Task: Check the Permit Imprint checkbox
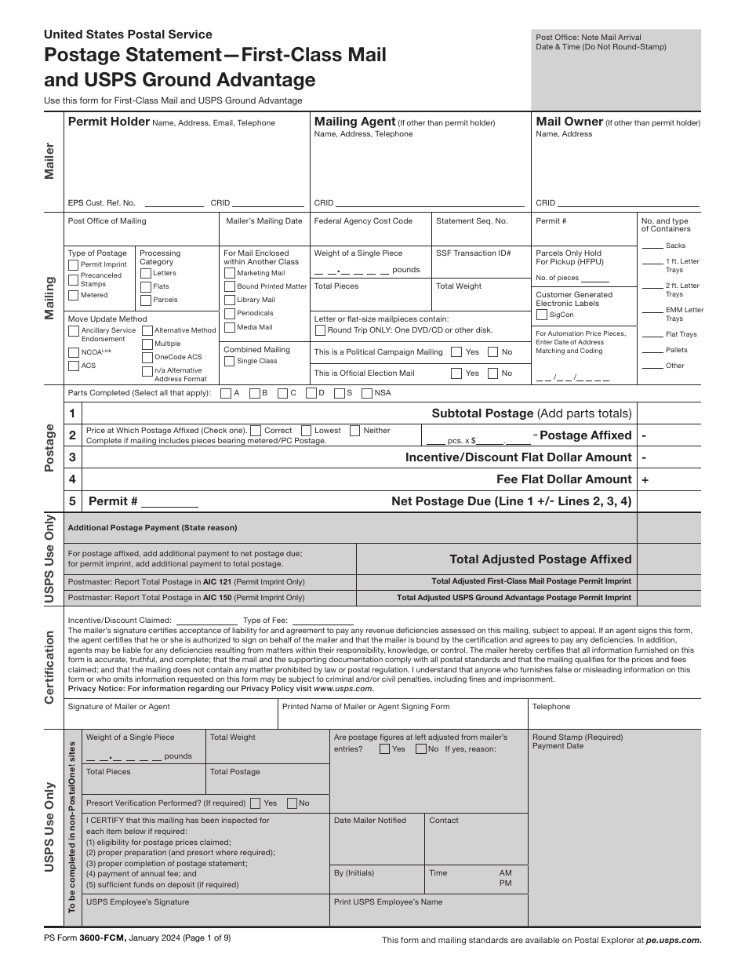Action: click(x=74, y=265)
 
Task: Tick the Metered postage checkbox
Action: click(x=74, y=295)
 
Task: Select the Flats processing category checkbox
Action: click(x=146, y=286)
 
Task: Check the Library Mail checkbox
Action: click(x=230, y=300)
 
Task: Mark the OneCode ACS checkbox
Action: click(x=147, y=357)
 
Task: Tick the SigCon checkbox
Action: click(x=542, y=315)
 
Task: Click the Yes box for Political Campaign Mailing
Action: click(x=456, y=352)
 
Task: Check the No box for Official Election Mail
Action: click(x=492, y=373)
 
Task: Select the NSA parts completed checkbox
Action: click(x=366, y=393)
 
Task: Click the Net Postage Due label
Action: click(x=511, y=501)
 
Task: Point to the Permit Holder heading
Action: click(x=108, y=122)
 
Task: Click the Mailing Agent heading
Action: click(x=354, y=122)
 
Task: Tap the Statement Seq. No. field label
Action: click(x=471, y=221)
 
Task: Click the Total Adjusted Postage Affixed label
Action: click(x=540, y=559)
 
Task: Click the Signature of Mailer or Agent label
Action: click(x=118, y=707)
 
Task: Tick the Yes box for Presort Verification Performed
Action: click(x=256, y=803)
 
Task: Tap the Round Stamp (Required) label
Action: click(x=577, y=737)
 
